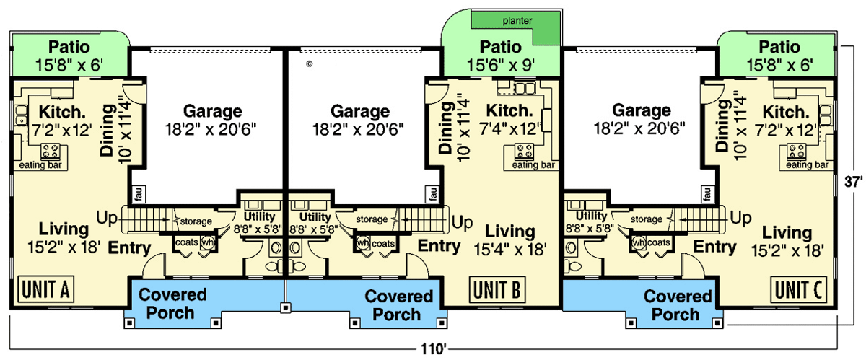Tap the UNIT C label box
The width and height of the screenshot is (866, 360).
797,290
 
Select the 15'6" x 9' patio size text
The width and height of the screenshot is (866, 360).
500,65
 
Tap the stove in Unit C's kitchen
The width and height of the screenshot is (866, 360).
797,151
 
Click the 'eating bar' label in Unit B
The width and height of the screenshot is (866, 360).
533,165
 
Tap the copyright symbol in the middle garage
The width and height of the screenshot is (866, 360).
309,63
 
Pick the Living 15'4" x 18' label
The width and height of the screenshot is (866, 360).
509,240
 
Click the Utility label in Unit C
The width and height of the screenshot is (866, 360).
591,216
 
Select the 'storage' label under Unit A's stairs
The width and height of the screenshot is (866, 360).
196,221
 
